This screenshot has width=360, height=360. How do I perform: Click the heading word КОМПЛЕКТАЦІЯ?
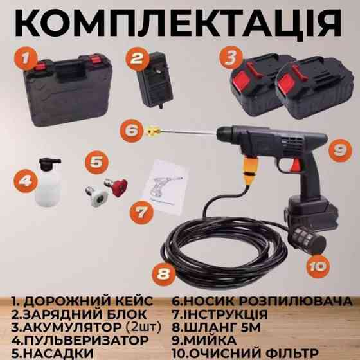[x=180, y=22]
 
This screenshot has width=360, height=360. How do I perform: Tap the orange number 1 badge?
[x=24, y=60]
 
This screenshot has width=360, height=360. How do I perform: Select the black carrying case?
[x=62, y=87]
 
